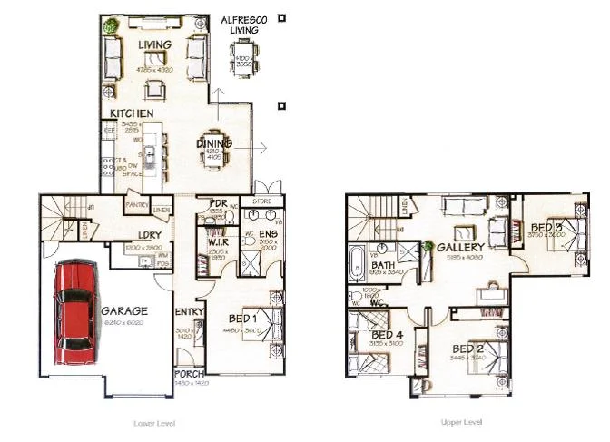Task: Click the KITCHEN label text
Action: [132, 113]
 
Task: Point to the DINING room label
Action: [215, 143]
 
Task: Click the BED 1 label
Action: [241, 319]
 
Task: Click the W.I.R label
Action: [217, 241]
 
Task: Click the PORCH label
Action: [190, 374]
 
